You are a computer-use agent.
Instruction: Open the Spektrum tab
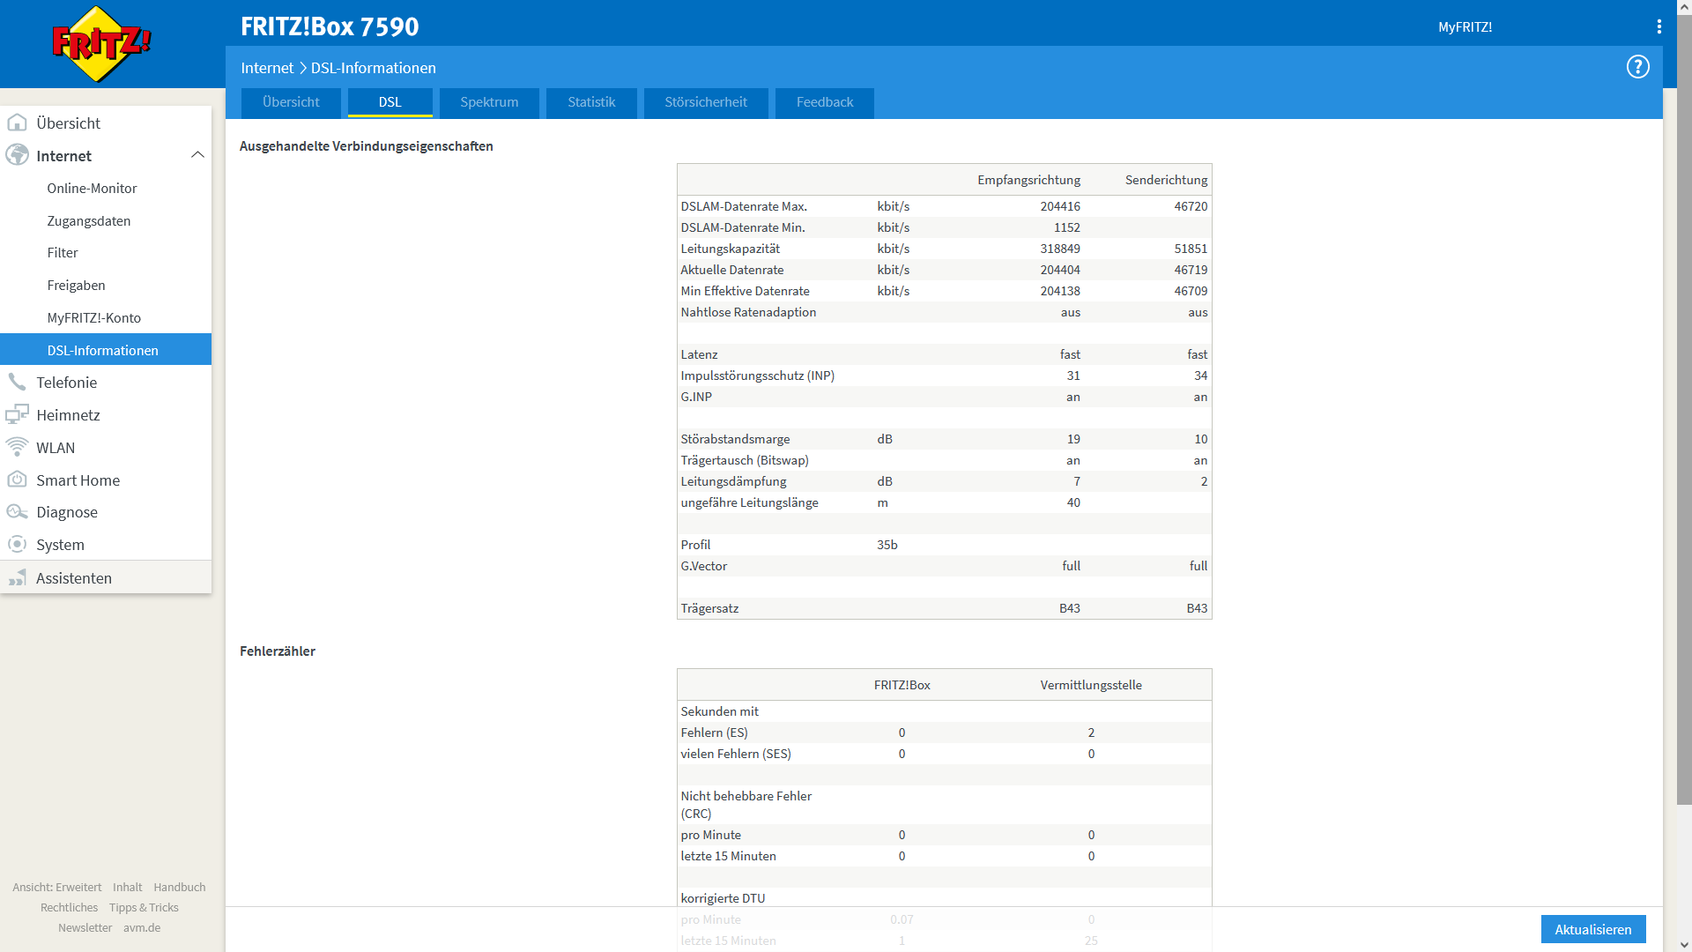click(489, 102)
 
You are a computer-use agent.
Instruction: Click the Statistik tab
click(591, 102)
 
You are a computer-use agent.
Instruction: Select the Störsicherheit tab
click(706, 102)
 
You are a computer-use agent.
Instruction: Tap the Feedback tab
click(825, 102)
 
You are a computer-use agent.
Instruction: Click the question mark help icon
click(1637, 67)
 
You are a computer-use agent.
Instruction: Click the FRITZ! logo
click(101, 43)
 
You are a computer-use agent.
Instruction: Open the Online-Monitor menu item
click(92, 189)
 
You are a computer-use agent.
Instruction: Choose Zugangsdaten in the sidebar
click(89, 221)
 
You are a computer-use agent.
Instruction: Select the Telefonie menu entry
click(67, 383)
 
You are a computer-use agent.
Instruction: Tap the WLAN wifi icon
click(17, 448)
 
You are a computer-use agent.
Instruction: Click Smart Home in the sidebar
click(78, 480)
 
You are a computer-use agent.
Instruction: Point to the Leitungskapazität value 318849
click(1059, 249)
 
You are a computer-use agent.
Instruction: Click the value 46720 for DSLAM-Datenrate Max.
click(1191, 206)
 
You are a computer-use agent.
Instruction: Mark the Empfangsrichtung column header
click(1028, 180)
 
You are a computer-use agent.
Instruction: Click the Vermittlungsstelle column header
click(1091, 685)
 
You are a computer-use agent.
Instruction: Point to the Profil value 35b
click(887, 545)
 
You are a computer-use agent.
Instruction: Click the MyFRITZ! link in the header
click(1465, 27)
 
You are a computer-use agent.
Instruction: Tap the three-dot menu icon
click(1659, 27)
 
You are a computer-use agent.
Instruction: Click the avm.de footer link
click(142, 928)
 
